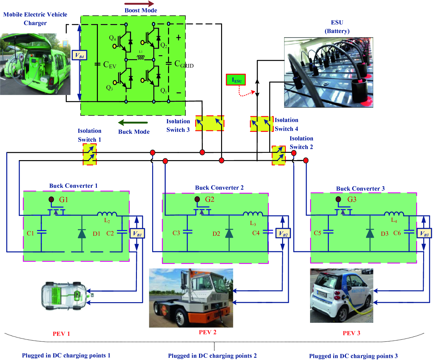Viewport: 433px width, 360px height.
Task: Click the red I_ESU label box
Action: tap(236, 80)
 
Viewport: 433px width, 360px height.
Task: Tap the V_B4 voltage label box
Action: tap(79, 55)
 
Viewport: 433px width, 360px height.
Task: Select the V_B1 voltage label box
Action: tap(137, 234)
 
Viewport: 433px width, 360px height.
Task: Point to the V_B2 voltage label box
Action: tap(283, 234)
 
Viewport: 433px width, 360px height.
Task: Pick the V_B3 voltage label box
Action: tap(424, 234)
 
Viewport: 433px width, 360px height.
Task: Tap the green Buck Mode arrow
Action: tap(133, 123)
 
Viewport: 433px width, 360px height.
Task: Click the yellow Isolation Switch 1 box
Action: tap(90, 154)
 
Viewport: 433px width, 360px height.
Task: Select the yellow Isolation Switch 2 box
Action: tap(279, 155)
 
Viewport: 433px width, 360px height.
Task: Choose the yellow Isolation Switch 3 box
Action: tap(210, 123)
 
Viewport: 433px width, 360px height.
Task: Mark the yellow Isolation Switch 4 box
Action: tap(261, 124)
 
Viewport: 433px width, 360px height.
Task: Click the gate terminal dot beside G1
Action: tap(51, 199)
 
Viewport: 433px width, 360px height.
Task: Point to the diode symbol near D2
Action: tap(229, 234)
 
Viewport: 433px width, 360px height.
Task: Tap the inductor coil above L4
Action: tap(394, 214)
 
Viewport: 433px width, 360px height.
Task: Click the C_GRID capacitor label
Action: tap(184, 64)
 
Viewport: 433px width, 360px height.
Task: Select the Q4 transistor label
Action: tap(112, 38)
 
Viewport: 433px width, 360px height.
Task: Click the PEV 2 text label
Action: tap(207, 332)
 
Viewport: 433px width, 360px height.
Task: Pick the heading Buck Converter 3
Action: tap(360, 189)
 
